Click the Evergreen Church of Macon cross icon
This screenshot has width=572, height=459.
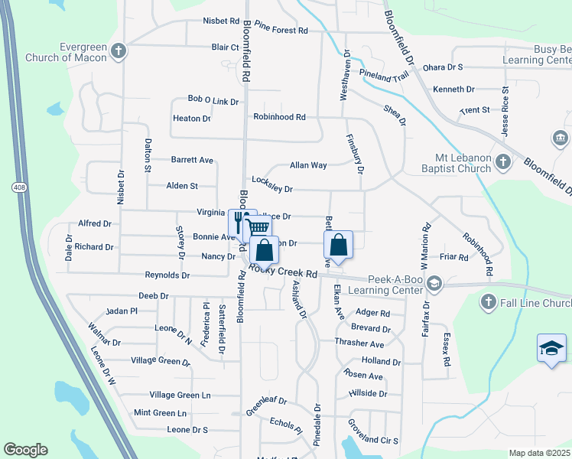click(118, 51)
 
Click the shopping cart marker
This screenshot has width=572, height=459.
click(258, 226)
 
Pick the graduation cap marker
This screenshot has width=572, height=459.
click(551, 349)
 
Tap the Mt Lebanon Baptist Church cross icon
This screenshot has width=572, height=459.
click(502, 161)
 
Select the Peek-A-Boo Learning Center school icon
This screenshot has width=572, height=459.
click(434, 284)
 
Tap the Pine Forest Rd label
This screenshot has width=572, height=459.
click(281, 31)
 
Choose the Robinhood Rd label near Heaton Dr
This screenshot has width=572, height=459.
click(279, 118)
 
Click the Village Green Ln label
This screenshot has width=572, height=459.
click(180, 395)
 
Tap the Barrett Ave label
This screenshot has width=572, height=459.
click(192, 161)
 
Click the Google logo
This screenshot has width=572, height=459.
click(25, 450)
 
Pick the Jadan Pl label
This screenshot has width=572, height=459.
click(122, 311)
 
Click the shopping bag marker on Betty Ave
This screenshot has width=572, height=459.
click(338, 246)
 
